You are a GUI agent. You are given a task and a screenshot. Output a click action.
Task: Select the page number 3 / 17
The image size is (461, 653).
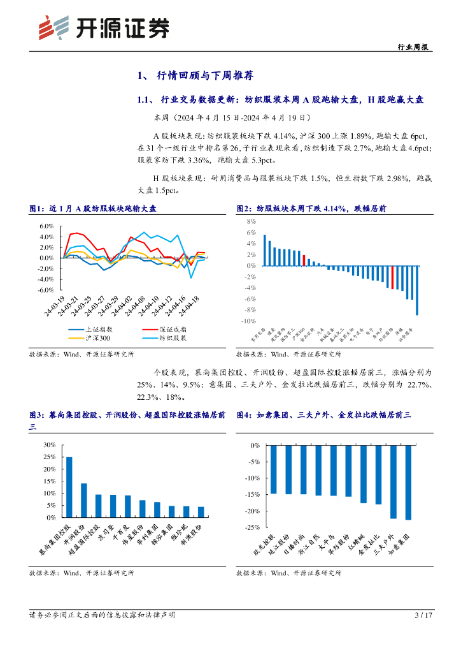pos(423,615)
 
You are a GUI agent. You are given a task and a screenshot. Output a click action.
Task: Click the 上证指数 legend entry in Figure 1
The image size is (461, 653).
pos(89,329)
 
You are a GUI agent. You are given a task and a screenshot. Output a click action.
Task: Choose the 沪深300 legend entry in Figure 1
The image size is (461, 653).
pos(89,338)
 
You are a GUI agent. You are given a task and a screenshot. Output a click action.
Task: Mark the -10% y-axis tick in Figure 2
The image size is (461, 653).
pos(248,321)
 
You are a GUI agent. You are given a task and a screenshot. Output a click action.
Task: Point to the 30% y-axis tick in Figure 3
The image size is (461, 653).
pos(48,444)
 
